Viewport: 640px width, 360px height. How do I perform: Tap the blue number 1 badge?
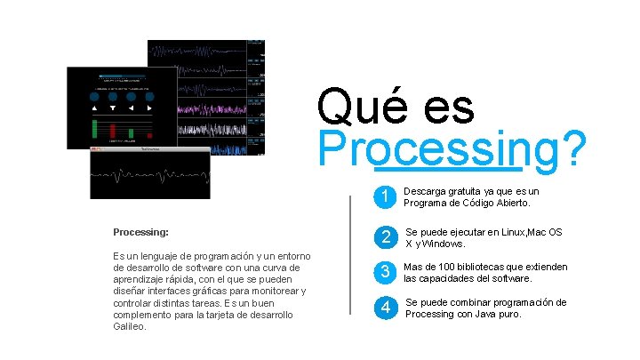tap(382, 196)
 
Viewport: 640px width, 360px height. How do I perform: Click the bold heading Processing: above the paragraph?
tap(141, 232)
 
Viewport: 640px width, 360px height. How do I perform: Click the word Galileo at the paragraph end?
tap(130, 326)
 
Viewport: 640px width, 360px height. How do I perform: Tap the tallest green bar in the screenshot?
tap(94, 129)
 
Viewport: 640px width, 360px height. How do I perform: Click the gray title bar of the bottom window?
tap(149, 150)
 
